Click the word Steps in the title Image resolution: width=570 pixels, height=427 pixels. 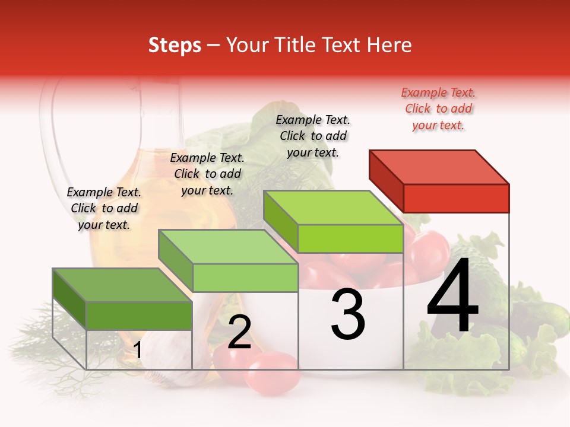[175, 45]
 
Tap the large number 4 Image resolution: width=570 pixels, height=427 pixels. [452, 297]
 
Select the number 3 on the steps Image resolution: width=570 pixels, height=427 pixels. [348, 314]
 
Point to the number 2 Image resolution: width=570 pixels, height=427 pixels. [239, 332]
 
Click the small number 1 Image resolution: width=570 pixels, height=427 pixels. [137, 350]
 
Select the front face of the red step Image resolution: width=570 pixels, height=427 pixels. [456, 198]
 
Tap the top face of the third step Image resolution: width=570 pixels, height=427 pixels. [332, 208]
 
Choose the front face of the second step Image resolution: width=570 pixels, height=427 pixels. [245, 278]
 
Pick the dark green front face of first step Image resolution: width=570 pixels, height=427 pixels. [139, 315]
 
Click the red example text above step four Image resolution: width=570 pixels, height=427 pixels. [438, 109]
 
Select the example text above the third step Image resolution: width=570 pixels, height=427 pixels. [313, 136]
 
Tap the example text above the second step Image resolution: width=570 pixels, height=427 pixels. [207, 174]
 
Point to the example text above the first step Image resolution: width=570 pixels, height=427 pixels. [104, 208]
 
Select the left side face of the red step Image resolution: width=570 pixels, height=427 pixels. [386, 177]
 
